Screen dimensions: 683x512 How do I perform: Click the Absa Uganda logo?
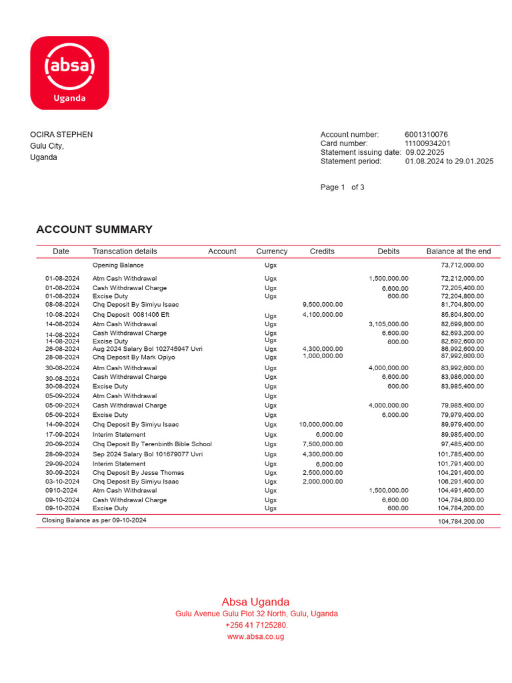pyautogui.click(x=69, y=73)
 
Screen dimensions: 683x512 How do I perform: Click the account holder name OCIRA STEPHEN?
pyautogui.click(x=61, y=135)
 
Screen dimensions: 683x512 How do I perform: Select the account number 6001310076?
pyautogui.click(x=426, y=135)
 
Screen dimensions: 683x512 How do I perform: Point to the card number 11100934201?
pyautogui.click(x=427, y=143)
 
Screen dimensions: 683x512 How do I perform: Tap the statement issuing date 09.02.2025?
pyautogui.click(x=425, y=152)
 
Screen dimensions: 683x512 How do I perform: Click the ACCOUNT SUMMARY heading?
pyautogui.click(x=94, y=229)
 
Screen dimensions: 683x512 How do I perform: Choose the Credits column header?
pyautogui.click(x=322, y=251)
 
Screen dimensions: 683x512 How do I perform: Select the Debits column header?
pyautogui.click(x=388, y=251)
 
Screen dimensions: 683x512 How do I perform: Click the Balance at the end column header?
pyautogui.click(x=458, y=251)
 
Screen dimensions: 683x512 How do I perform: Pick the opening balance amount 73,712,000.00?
pyautogui.click(x=462, y=265)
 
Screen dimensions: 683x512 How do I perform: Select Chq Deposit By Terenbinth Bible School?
pyautogui.click(x=152, y=444)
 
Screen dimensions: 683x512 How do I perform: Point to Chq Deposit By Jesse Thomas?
pyautogui.click(x=138, y=473)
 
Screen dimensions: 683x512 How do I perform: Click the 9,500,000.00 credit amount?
pyautogui.click(x=323, y=305)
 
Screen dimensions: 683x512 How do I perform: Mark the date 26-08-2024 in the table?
pyautogui.click(x=62, y=349)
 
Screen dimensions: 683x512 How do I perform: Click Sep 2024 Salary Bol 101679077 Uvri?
pyautogui.click(x=147, y=455)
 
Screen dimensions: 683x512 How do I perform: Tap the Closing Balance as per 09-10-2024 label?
pyautogui.click(x=94, y=520)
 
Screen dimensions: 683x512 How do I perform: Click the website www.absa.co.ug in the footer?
pyautogui.click(x=256, y=637)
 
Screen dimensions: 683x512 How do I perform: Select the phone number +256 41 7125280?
pyautogui.click(x=256, y=626)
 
